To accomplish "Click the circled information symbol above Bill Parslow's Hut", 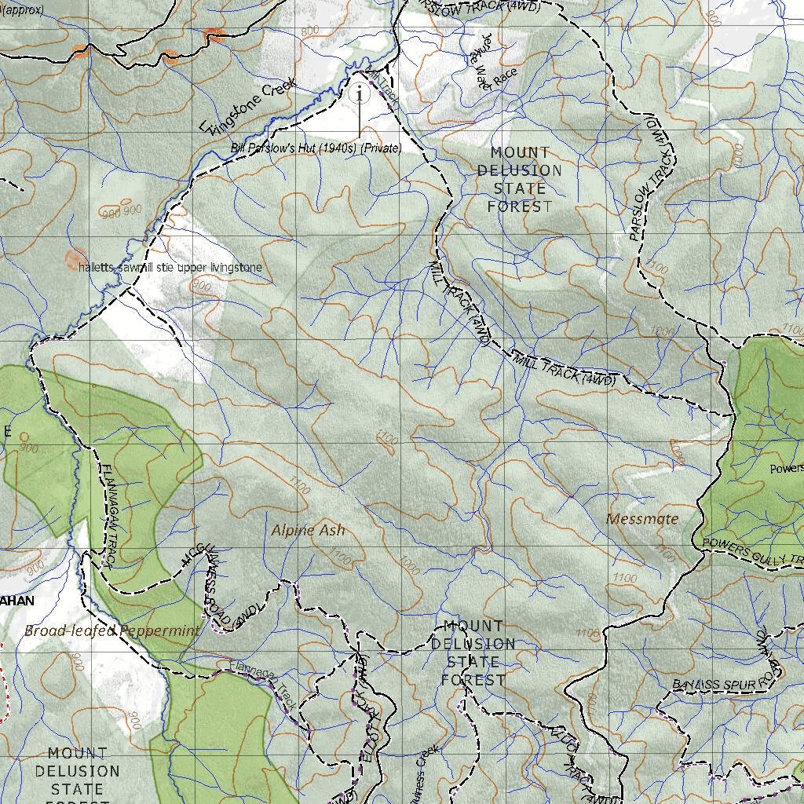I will (360, 94).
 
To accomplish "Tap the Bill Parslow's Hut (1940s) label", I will (316, 148).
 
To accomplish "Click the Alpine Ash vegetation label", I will (308, 531).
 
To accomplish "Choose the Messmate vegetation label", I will (642, 518).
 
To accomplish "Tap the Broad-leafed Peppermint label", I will (111, 630).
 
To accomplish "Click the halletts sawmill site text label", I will (170, 268).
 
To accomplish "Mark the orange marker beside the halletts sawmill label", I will (76, 258).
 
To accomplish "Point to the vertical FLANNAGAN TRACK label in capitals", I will (108, 513).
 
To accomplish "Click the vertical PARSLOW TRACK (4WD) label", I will (654, 180).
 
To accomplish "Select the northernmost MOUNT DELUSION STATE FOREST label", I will (519, 179).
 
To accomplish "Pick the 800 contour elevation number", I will (309, 31).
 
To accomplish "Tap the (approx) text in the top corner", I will (24, 10).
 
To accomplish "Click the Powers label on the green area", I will (786, 469).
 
